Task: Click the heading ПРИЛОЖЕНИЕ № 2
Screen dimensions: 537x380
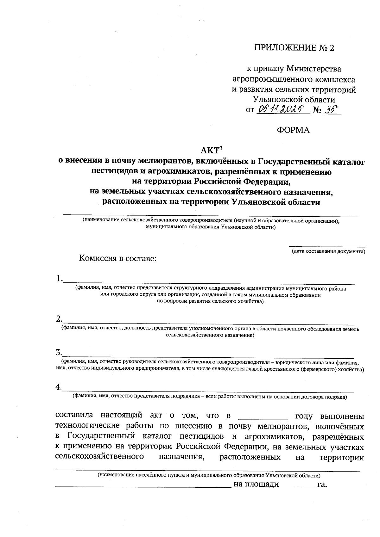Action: click(294, 48)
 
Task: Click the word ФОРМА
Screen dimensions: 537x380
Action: click(293, 130)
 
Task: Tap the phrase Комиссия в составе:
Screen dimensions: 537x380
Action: click(118, 258)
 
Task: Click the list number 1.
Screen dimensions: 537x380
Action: click(58, 279)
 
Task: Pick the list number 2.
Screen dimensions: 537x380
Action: click(58, 318)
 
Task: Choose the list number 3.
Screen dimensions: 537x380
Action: click(58, 352)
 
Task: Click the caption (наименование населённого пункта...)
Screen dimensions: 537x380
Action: click(209, 475)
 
